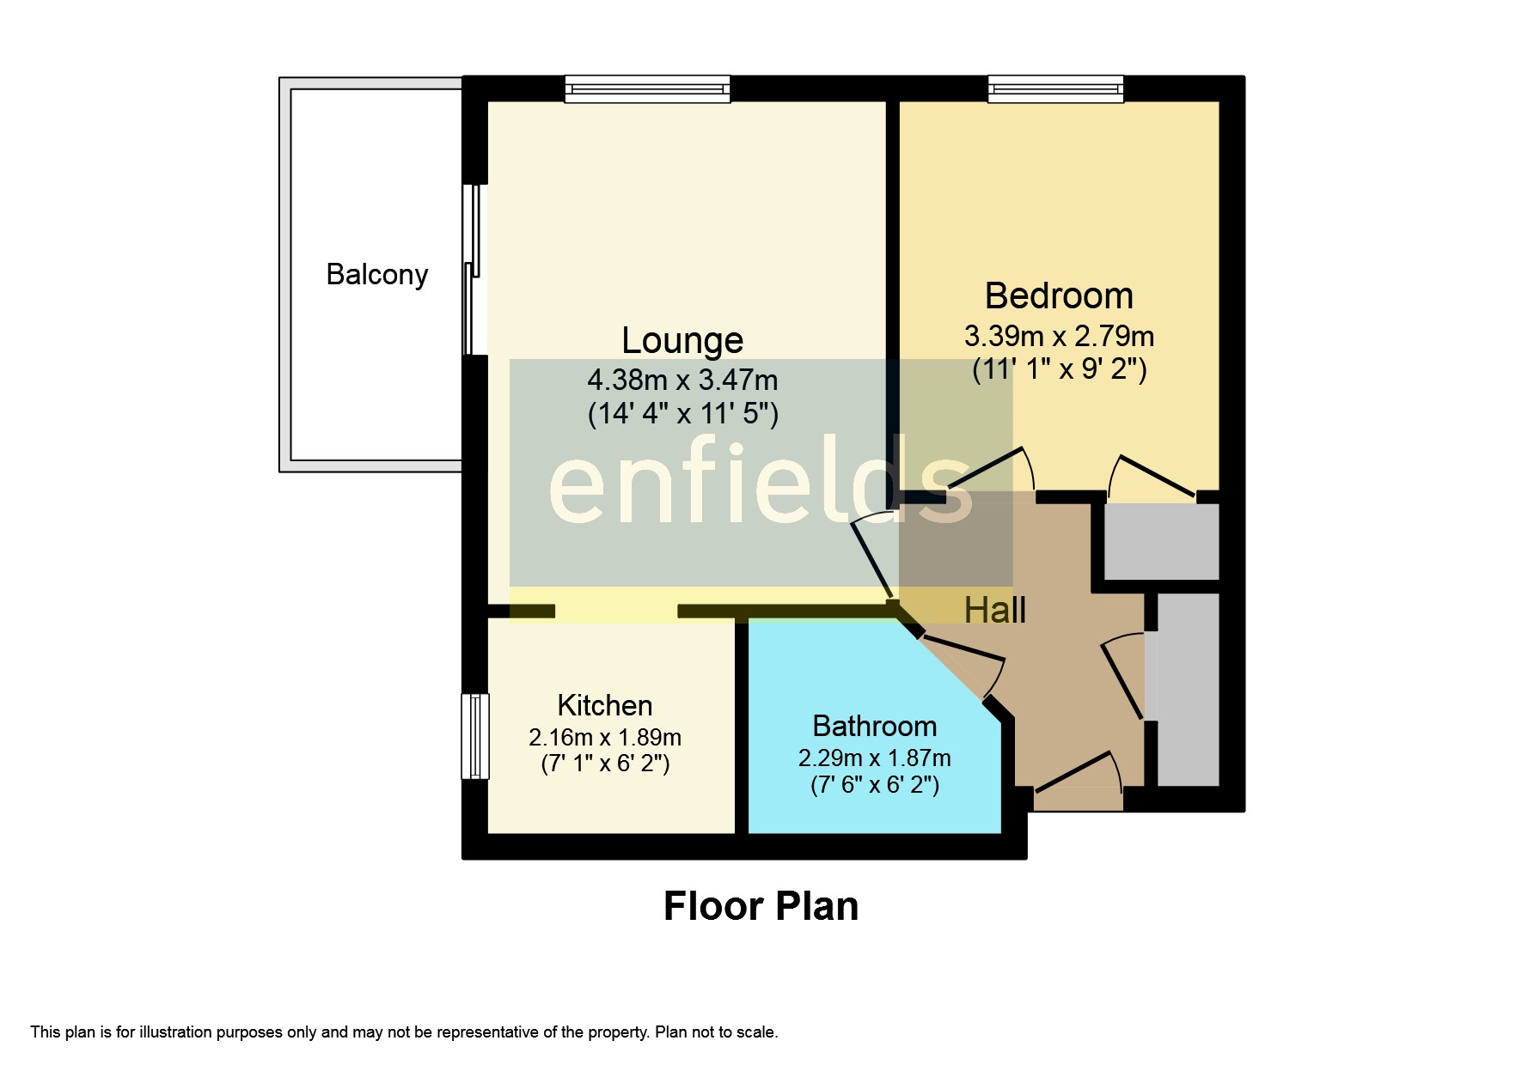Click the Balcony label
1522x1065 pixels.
(376, 274)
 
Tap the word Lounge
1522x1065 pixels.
(682, 340)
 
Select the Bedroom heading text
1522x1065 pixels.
(1058, 295)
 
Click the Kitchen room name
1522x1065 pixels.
(604, 705)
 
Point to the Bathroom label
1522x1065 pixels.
(874, 726)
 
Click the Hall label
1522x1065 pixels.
(994, 610)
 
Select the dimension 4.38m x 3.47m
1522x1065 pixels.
(682, 379)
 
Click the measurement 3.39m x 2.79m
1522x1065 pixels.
(1058, 335)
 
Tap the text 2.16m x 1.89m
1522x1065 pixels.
(604, 737)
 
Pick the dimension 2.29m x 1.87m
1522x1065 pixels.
(874, 758)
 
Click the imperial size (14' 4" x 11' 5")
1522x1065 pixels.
(682, 413)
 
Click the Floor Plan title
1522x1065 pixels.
(761, 906)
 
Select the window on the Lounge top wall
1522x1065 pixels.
(647, 88)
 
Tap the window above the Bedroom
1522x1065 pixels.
(1055, 88)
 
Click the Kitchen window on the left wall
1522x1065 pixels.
(475, 736)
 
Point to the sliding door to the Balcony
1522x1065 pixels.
(473, 270)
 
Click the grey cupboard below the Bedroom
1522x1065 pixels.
(1160, 541)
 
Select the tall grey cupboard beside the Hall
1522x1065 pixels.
(1188, 689)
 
